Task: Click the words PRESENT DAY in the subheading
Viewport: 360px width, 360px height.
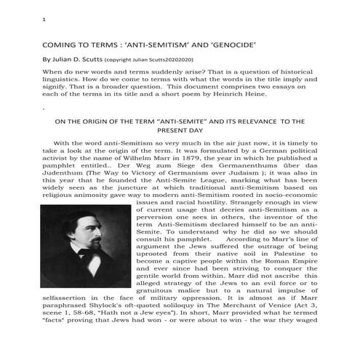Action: point(180,132)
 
